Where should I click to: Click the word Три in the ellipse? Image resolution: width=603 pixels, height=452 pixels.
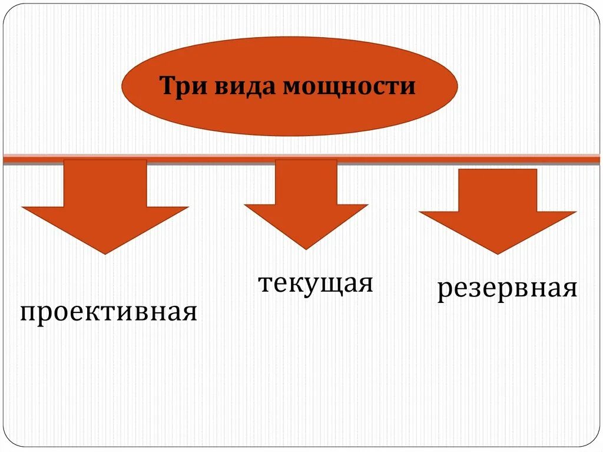point(181,87)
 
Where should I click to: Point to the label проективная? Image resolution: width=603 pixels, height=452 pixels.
point(108,312)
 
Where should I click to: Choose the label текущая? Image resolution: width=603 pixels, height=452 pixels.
point(316,283)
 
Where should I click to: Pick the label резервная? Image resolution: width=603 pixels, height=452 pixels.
point(507,289)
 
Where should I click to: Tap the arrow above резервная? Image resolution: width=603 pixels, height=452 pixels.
point(498,209)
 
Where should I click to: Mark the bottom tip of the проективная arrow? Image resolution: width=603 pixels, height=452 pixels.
point(105,253)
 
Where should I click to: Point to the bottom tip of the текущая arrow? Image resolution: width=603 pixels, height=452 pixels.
point(306,248)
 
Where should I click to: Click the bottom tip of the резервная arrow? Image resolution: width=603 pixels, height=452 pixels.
point(498,253)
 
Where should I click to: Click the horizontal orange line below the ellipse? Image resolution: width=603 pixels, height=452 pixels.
point(412,158)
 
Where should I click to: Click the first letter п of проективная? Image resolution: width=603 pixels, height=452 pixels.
point(28,312)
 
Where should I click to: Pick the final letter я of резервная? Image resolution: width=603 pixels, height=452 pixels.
point(568,289)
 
